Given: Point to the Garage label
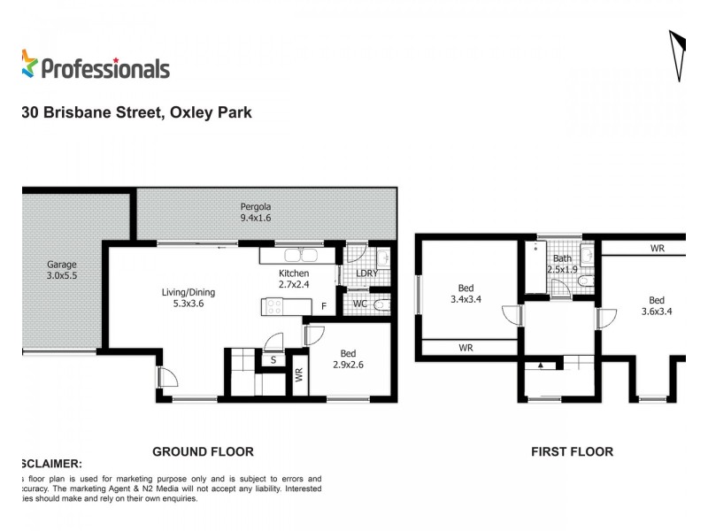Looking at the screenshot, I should click(x=62, y=265).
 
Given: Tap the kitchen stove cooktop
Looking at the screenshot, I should click(x=273, y=307).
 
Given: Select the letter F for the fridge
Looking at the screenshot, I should click(x=324, y=307).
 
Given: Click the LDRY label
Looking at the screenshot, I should click(x=367, y=274).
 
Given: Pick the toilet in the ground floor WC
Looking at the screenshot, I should click(x=381, y=305).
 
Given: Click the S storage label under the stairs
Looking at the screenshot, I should click(x=273, y=359).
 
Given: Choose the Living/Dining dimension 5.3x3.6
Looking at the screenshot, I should click(x=188, y=304).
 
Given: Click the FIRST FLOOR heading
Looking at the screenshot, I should click(x=572, y=451).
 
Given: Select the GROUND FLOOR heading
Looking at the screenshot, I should click(x=203, y=451).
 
